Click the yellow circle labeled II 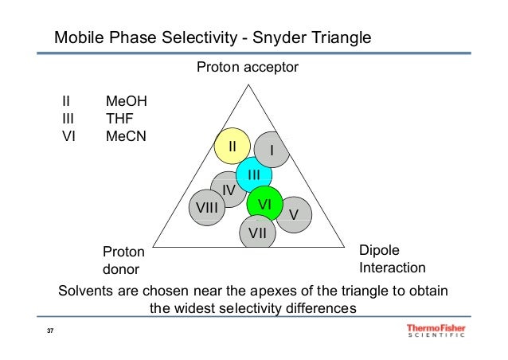232,147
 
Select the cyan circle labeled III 254,174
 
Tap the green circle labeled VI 265,204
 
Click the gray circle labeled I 272,149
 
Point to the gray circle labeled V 292,214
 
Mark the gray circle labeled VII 257,233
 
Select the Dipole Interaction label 392,258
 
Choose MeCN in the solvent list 127,135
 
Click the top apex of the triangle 247,82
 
